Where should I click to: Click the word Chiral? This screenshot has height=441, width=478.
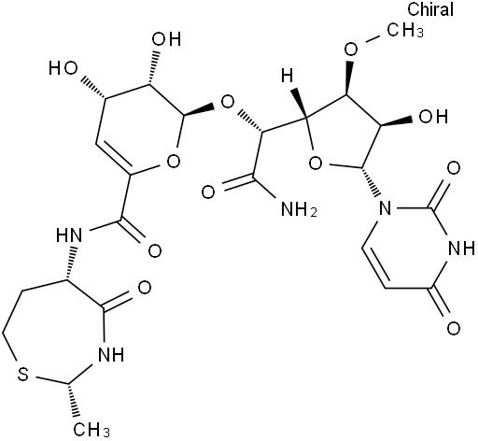(x=430, y=9)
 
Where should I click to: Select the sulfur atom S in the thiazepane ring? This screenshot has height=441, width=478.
(x=22, y=375)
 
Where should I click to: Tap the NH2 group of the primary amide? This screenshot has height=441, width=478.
(x=299, y=208)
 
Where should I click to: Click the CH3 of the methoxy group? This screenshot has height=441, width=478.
(x=405, y=30)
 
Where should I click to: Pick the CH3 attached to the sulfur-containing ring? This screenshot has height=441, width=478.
(x=91, y=430)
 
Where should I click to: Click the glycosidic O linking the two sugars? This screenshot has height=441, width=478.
(x=227, y=102)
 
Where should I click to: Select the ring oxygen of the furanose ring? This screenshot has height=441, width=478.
(x=316, y=163)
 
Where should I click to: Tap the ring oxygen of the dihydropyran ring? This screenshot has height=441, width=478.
(x=173, y=161)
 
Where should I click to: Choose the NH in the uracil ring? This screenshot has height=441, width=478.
(x=460, y=249)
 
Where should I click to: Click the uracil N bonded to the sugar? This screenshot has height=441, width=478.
(x=385, y=207)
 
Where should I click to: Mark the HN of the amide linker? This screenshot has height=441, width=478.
(x=69, y=235)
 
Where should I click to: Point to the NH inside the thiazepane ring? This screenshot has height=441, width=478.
(x=111, y=354)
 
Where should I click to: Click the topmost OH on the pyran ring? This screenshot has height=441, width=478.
(x=166, y=39)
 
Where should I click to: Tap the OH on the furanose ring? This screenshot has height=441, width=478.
(x=433, y=116)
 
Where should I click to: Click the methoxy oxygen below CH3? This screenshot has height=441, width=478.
(x=351, y=49)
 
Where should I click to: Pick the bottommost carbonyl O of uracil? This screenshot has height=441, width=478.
(x=454, y=328)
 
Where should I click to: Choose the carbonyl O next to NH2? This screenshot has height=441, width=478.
(x=208, y=192)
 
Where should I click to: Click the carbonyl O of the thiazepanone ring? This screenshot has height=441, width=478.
(x=144, y=288)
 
